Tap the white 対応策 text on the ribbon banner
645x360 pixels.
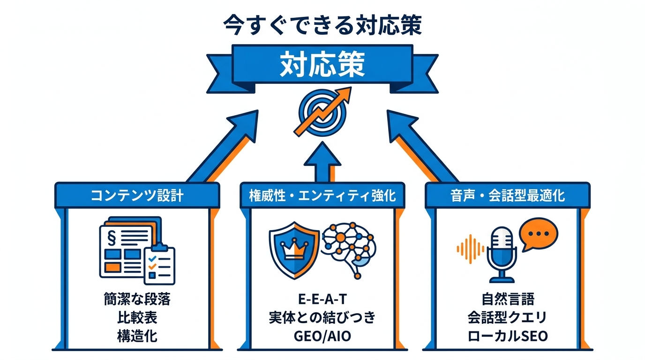[x=322, y=66]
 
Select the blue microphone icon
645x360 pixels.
[x=502, y=253]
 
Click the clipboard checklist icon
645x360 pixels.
[x=159, y=265]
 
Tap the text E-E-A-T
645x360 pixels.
[x=322, y=299]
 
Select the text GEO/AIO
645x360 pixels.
[x=322, y=336]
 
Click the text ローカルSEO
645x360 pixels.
[x=507, y=336]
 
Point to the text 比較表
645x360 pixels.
[x=137, y=318]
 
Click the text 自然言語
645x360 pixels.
[x=507, y=299]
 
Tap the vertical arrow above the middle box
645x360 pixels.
[x=322, y=162]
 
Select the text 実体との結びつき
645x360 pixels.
[x=322, y=318]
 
